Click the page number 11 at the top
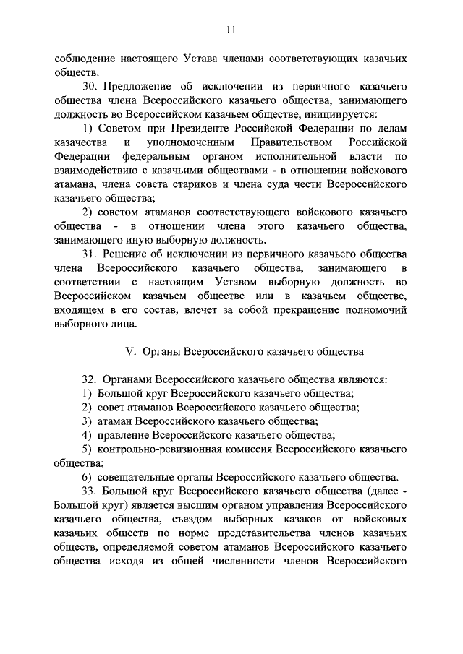coord(231,29)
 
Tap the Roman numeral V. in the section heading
coord(131,352)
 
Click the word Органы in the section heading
coord(161,352)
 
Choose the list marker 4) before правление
coord(86,434)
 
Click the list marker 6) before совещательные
coord(86,476)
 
